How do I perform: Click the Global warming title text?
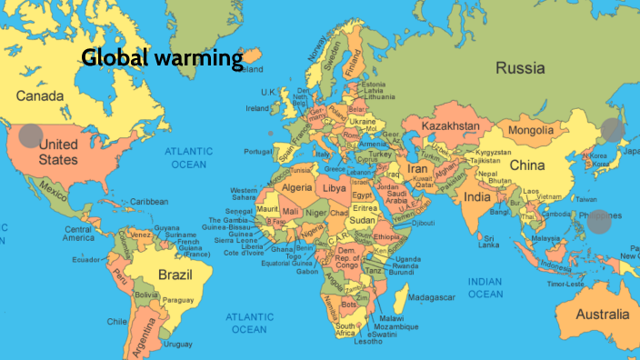(162, 59)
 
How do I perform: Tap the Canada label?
(40, 95)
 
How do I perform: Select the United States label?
(58, 151)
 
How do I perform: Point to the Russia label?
(520, 68)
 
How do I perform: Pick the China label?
(526, 165)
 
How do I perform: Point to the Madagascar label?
(431, 297)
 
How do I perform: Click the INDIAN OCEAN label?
(485, 287)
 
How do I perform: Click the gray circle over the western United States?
(31, 136)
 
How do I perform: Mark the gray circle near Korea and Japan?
(613, 130)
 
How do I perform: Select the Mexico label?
(54, 193)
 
